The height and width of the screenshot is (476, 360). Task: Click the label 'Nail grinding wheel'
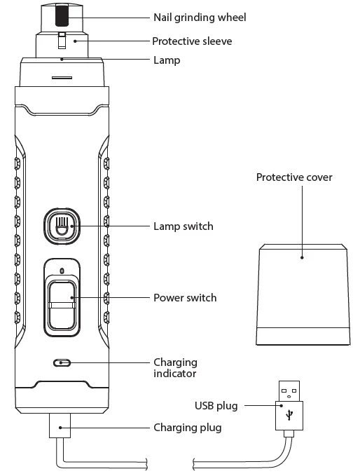click(x=200, y=18)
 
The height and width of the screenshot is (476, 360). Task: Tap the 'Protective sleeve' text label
click(x=192, y=41)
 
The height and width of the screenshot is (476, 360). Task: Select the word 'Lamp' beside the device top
click(x=167, y=60)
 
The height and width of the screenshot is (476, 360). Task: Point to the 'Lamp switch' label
click(x=184, y=226)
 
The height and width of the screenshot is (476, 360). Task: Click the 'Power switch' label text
click(x=185, y=297)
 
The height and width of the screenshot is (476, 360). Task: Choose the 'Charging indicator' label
click(x=175, y=367)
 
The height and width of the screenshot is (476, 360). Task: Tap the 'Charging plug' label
click(x=188, y=428)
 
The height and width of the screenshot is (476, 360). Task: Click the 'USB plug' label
click(x=216, y=406)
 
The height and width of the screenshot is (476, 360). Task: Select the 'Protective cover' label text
click(x=294, y=177)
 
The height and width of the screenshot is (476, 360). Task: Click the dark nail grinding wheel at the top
click(x=62, y=15)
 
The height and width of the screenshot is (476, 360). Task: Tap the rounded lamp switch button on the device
click(x=62, y=226)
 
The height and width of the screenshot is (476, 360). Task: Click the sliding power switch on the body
click(x=62, y=304)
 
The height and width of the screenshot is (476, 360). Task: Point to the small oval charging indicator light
click(x=62, y=362)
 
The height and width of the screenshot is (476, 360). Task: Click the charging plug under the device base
click(x=60, y=426)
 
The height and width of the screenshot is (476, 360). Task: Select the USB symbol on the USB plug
click(x=289, y=415)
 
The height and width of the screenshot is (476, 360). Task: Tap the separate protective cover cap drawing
click(x=303, y=294)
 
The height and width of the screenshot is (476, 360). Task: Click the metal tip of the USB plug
click(x=289, y=391)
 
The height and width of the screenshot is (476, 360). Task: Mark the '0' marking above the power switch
click(x=62, y=271)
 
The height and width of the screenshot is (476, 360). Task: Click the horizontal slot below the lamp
click(x=62, y=78)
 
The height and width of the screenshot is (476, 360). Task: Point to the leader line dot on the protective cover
click(x=302, y=258)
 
